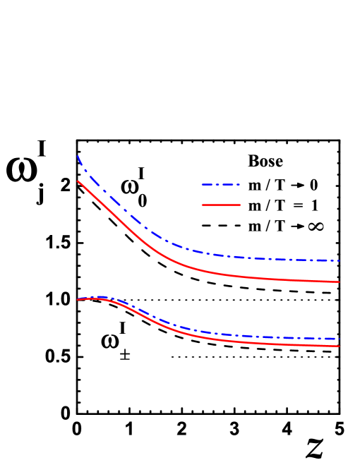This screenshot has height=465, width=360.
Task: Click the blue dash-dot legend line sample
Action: click(220, 185)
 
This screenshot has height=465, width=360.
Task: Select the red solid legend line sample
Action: click(221, 205)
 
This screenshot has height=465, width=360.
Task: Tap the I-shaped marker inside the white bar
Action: click(125, 356)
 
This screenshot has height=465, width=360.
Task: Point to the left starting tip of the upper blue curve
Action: click(78, 156)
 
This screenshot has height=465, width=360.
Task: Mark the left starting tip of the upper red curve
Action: click(78, 181)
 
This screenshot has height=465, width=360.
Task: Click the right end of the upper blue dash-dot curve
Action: click(340, 261)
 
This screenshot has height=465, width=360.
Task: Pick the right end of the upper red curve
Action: click(340, 282)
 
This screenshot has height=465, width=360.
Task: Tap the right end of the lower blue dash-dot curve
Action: click(340, 339)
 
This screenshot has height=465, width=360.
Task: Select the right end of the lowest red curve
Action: click(340, 346)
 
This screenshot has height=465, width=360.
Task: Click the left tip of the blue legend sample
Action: click(202, 185)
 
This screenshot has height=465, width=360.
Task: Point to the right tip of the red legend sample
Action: click(240, 205)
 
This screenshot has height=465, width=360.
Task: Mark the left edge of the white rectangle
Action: click(84, 358)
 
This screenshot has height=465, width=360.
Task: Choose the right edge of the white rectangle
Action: click(169, 358)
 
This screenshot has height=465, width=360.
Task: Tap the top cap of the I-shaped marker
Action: click(125, 353)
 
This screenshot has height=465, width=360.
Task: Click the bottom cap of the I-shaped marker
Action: click(125, 359)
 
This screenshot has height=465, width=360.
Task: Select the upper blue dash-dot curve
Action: click(113, 199)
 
